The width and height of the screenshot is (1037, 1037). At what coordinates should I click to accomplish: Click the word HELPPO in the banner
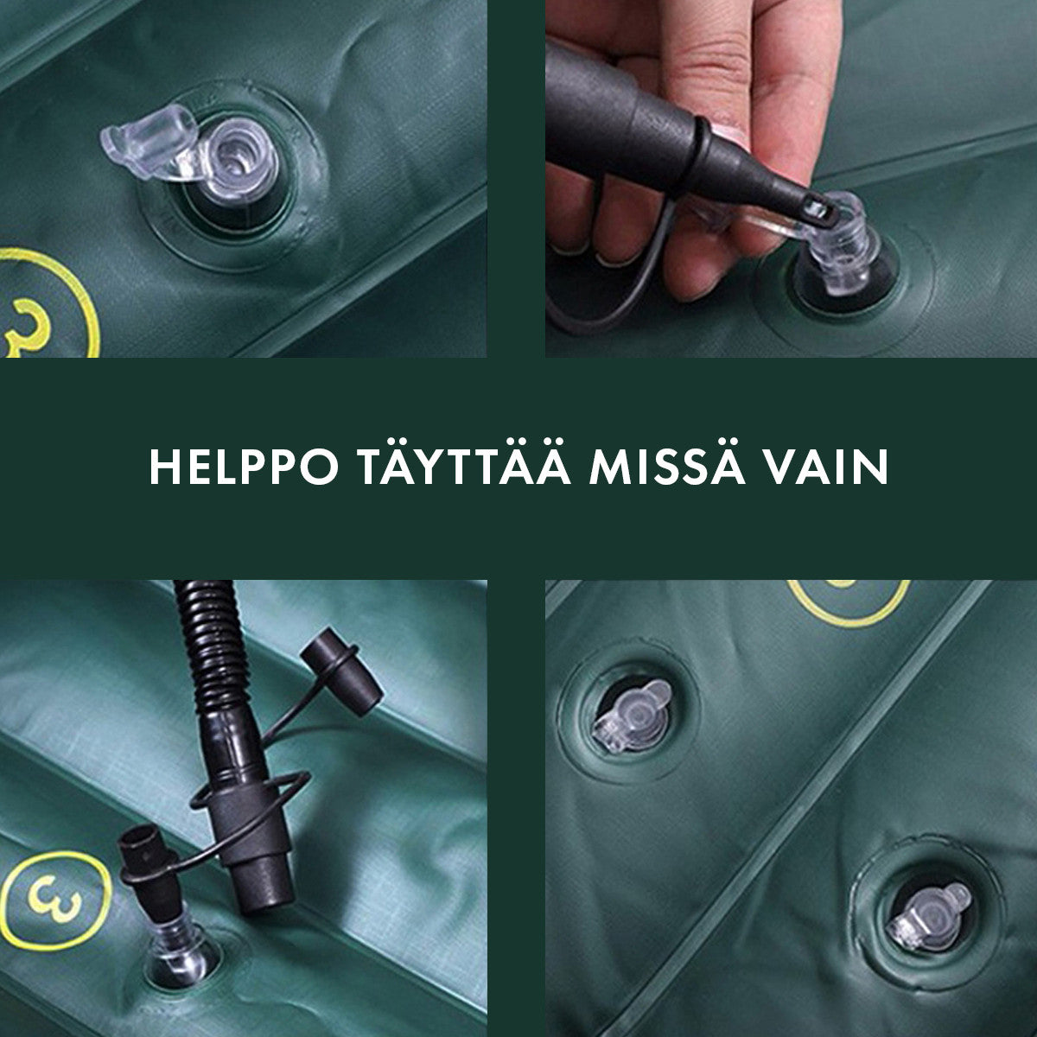coord(244,468)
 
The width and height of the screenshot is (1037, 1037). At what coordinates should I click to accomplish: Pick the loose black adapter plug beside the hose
coord(341,672)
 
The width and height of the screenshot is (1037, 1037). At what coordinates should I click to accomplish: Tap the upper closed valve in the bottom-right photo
coord(633,716)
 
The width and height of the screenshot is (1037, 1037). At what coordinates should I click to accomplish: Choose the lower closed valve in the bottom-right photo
coord(928,910)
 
